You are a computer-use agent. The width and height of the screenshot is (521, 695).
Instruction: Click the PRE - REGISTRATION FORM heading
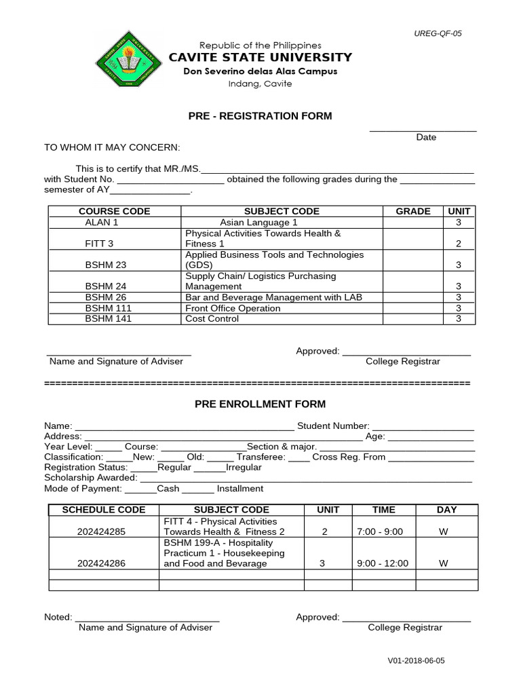pos(260,116)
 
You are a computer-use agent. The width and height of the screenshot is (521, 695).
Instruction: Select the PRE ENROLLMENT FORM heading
pos(260,404)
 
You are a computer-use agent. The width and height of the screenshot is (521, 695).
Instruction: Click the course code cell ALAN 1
pos(101,222)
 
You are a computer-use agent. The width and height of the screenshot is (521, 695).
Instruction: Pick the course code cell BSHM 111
pos(109,308)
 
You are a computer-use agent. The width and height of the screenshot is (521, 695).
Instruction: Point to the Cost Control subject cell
pos(212,319)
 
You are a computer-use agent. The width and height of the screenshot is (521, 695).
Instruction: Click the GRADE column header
pos(413,211)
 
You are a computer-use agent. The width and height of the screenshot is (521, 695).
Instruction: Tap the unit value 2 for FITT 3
pos(459,244)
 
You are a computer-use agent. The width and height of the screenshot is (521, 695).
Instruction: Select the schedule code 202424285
pos(102,531)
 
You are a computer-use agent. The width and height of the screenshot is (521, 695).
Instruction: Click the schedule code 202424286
pos(102,563)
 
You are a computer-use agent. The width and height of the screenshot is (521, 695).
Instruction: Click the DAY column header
pos(446,509)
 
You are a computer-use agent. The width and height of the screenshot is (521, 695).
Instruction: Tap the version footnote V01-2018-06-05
pos(417,660)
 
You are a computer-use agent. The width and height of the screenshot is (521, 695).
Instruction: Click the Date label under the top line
pos(426,137)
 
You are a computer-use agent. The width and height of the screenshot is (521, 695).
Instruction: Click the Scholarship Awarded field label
pos(91,478)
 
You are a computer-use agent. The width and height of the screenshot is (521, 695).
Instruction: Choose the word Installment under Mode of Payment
pos(241,489)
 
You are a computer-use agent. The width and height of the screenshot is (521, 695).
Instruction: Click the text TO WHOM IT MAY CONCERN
pos(112,147)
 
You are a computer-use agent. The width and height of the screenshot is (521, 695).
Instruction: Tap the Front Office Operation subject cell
pos(233,308)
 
